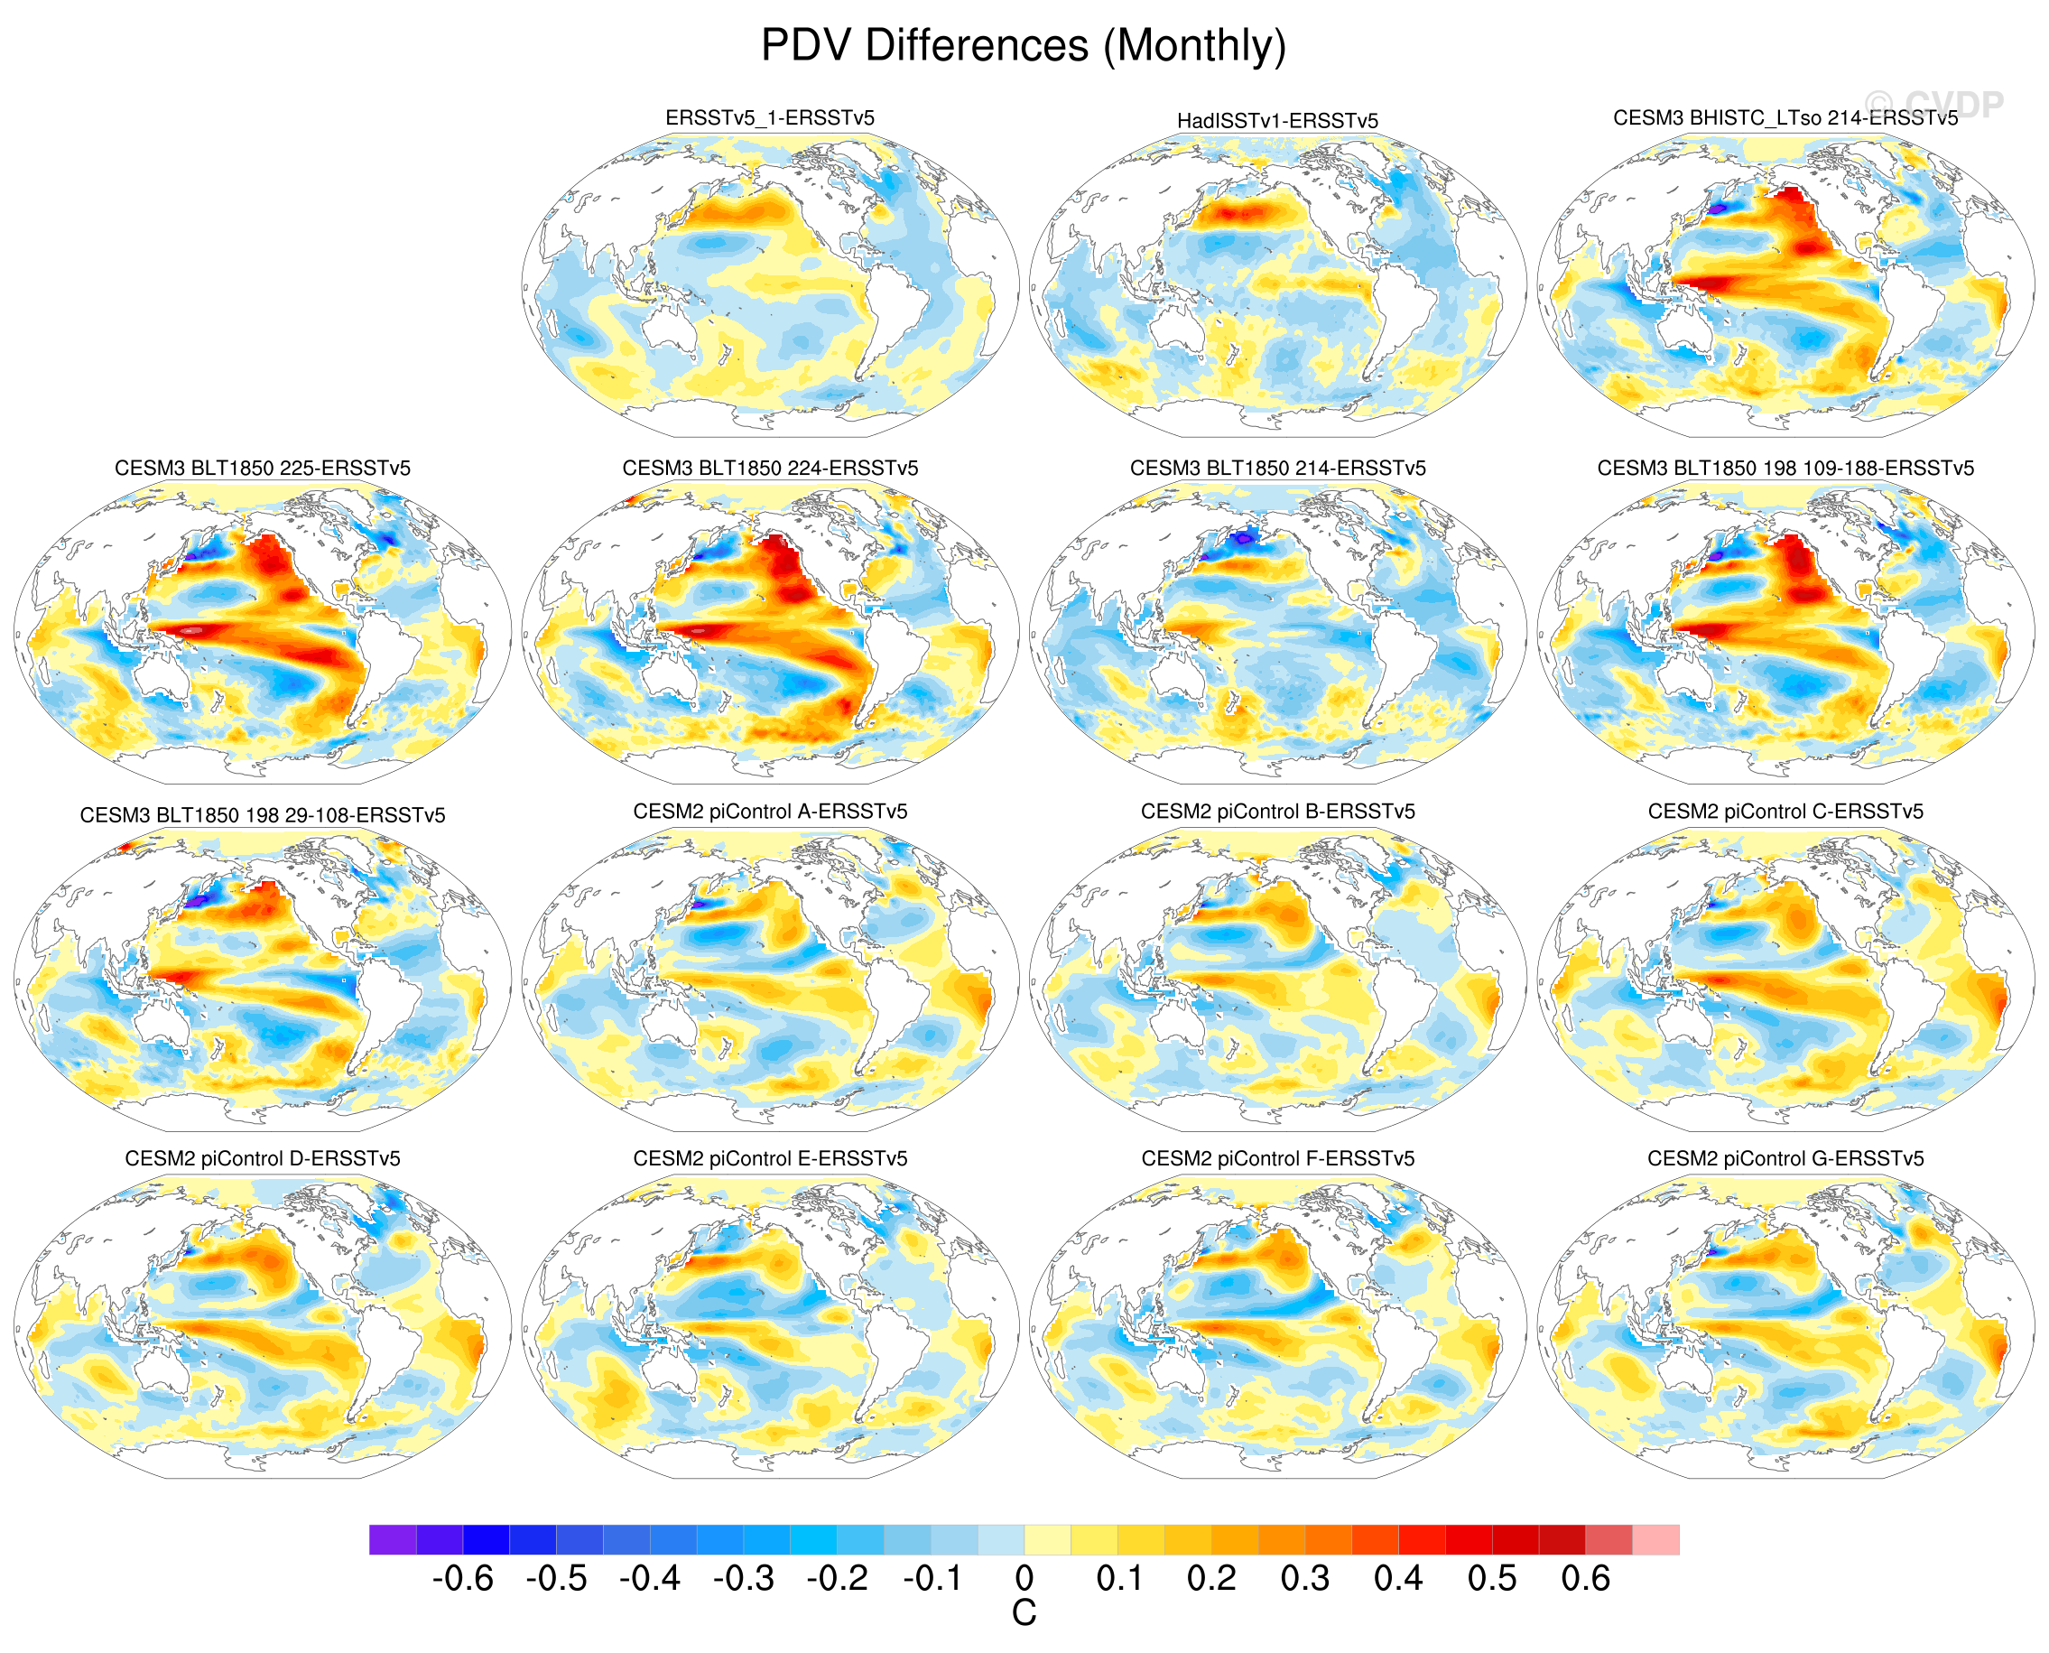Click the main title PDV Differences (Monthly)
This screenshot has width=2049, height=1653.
tap(1024, 46)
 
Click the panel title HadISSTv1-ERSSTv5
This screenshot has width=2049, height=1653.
tap(1277, 121)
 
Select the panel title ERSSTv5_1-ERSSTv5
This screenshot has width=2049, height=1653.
tap(769, 118)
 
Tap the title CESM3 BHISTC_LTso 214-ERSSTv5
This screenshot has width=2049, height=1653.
tap(1785, 118)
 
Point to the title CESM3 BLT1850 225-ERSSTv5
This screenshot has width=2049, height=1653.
tap(262, 469)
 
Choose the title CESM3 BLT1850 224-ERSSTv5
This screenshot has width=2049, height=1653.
tap(769, 469)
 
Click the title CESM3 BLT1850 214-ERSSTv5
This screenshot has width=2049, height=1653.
tap(1277, 469)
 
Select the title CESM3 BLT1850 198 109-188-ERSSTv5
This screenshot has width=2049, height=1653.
tap(1785, 469)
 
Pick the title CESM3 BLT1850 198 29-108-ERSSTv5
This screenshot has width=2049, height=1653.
tap(262, 815)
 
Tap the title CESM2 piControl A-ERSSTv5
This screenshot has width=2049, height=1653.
tap(769, 812)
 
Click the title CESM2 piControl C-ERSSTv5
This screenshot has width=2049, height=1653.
tap(1785, 812)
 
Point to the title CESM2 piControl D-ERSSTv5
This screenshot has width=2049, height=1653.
tap(262, 1159)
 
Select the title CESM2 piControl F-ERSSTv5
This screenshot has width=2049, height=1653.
tap(1277, 1159)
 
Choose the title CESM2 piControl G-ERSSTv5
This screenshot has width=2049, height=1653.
tap(1785, 1159)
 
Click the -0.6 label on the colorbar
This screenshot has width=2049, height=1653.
tap(463, 1580)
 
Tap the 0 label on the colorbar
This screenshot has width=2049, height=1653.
tap(1024, 1580)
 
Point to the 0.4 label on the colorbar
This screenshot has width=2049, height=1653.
tap(1397, 1580)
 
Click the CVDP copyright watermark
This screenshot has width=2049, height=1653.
tap(1933, 104)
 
